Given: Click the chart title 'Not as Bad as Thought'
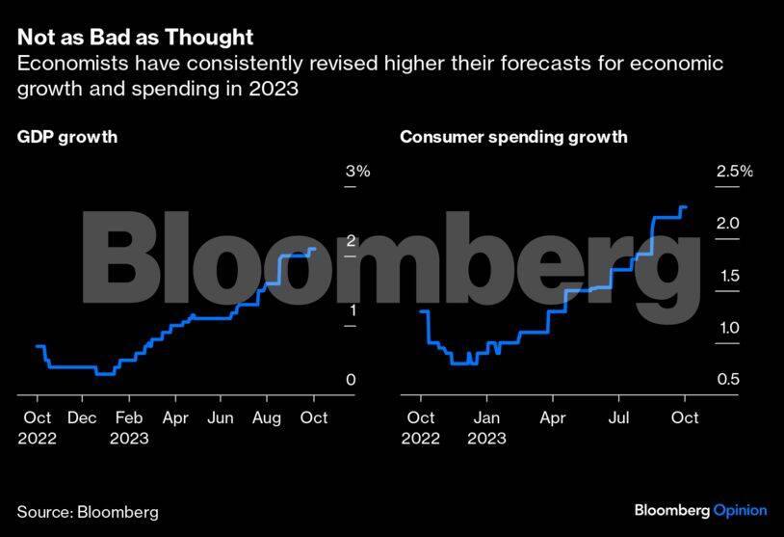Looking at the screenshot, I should (135, 38).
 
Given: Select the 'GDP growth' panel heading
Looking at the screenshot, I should (67, 137).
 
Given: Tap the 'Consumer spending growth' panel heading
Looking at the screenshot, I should (513, 137).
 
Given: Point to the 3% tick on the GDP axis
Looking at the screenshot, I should (357, 172).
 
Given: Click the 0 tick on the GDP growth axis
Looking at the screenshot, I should (351, 380).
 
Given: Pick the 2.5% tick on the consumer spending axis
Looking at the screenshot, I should (733, 172).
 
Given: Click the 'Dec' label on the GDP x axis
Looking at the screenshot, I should (83, 417).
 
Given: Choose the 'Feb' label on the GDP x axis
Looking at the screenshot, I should (129, 417).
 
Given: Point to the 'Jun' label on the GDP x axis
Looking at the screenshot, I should (221, 417).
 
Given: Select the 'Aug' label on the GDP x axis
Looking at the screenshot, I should (267, 417).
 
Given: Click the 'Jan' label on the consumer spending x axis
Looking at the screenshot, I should (486, 417).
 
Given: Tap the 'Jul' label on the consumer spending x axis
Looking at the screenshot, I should (618, 417).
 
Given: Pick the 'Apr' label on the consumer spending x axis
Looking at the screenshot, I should (552, 417).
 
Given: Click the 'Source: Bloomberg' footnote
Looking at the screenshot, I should (88, 512).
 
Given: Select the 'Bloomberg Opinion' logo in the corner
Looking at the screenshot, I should (700, 510).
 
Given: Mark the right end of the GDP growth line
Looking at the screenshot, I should (315, 250).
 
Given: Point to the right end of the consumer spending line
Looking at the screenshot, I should (685, 207).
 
